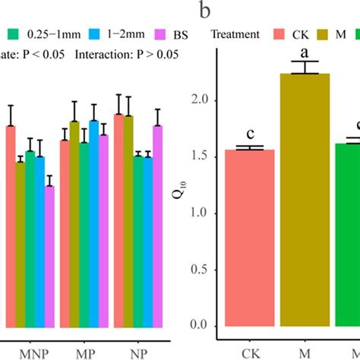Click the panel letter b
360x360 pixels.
[203, 11]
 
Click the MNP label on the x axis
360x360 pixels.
[30, 353]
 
